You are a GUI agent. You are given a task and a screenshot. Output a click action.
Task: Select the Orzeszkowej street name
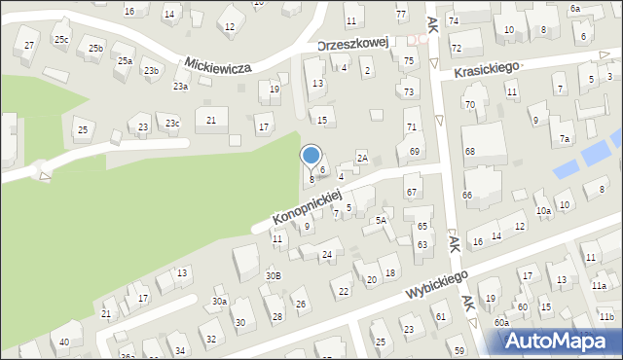(354, 43)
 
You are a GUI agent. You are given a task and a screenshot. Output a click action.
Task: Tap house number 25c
(61, 39)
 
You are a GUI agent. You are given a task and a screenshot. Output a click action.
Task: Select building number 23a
(181, 87)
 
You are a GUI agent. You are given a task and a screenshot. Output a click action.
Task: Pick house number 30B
(274, 275)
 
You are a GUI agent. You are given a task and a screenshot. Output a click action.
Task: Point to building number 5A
(382, 221)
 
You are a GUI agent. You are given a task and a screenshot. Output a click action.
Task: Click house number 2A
(361, 158)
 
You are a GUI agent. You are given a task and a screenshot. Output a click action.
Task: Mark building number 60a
(500, 322)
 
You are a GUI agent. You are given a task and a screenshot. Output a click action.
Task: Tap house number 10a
(543, 210)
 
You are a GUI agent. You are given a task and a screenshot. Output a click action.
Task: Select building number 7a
(565, 139)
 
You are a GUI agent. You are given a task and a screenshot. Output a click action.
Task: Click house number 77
(401, 14)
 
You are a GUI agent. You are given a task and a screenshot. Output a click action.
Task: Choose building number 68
(469, 151)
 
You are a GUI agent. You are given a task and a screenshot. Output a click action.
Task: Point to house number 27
(29, 46)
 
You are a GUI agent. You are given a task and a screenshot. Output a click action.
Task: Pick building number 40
(64, 342)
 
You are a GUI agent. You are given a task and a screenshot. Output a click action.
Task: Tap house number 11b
(606, 317)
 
